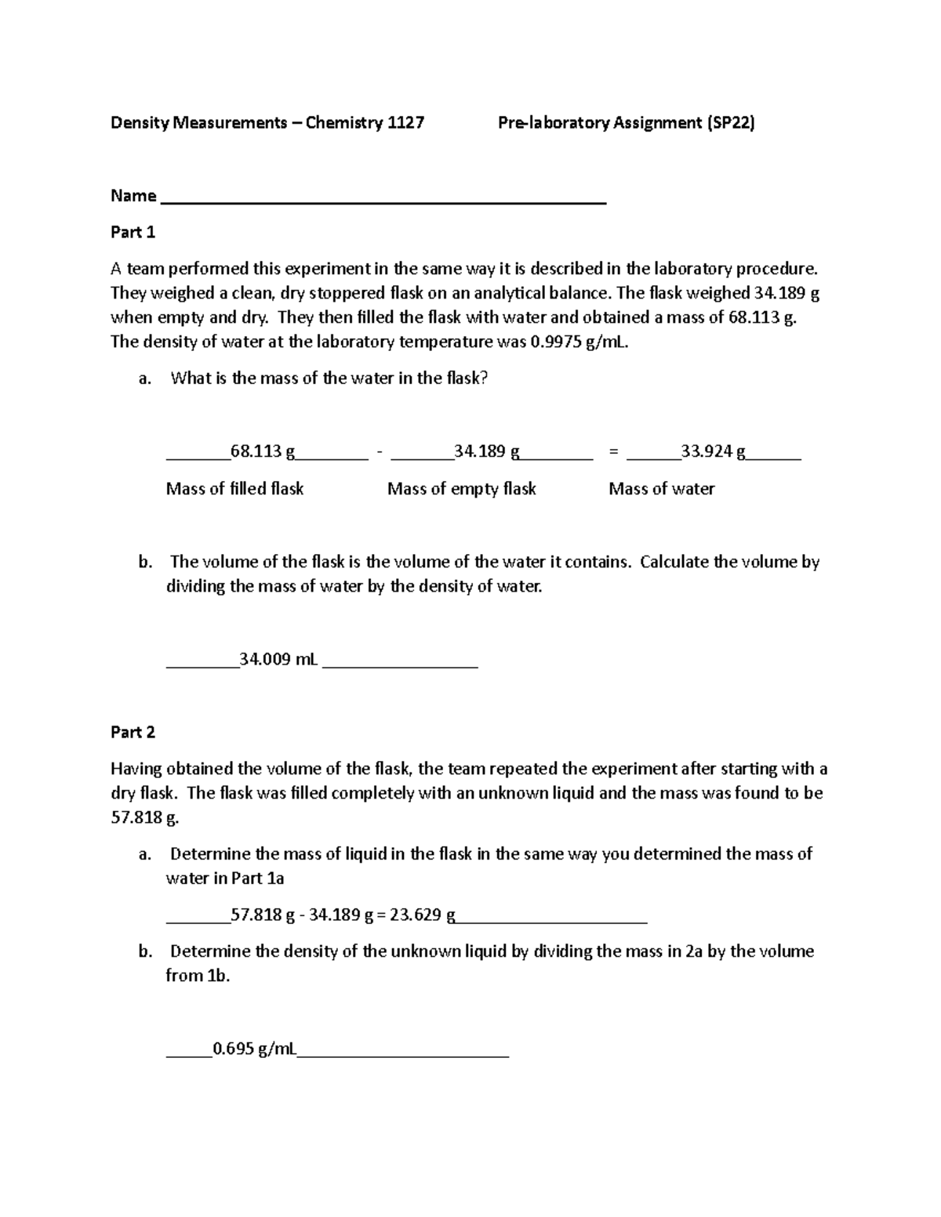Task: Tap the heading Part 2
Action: point(133,732)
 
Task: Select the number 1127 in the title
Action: point(406,122)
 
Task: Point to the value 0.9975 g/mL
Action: point(579,342)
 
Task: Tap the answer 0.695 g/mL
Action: point(254,1049)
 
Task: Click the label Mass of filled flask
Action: point(234,489)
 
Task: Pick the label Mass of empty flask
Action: point(461,489)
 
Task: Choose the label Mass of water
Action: point(661,489)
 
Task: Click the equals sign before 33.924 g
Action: point(613,451)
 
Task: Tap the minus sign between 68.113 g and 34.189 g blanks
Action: point(380,451)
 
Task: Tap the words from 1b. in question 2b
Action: point(198,976)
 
